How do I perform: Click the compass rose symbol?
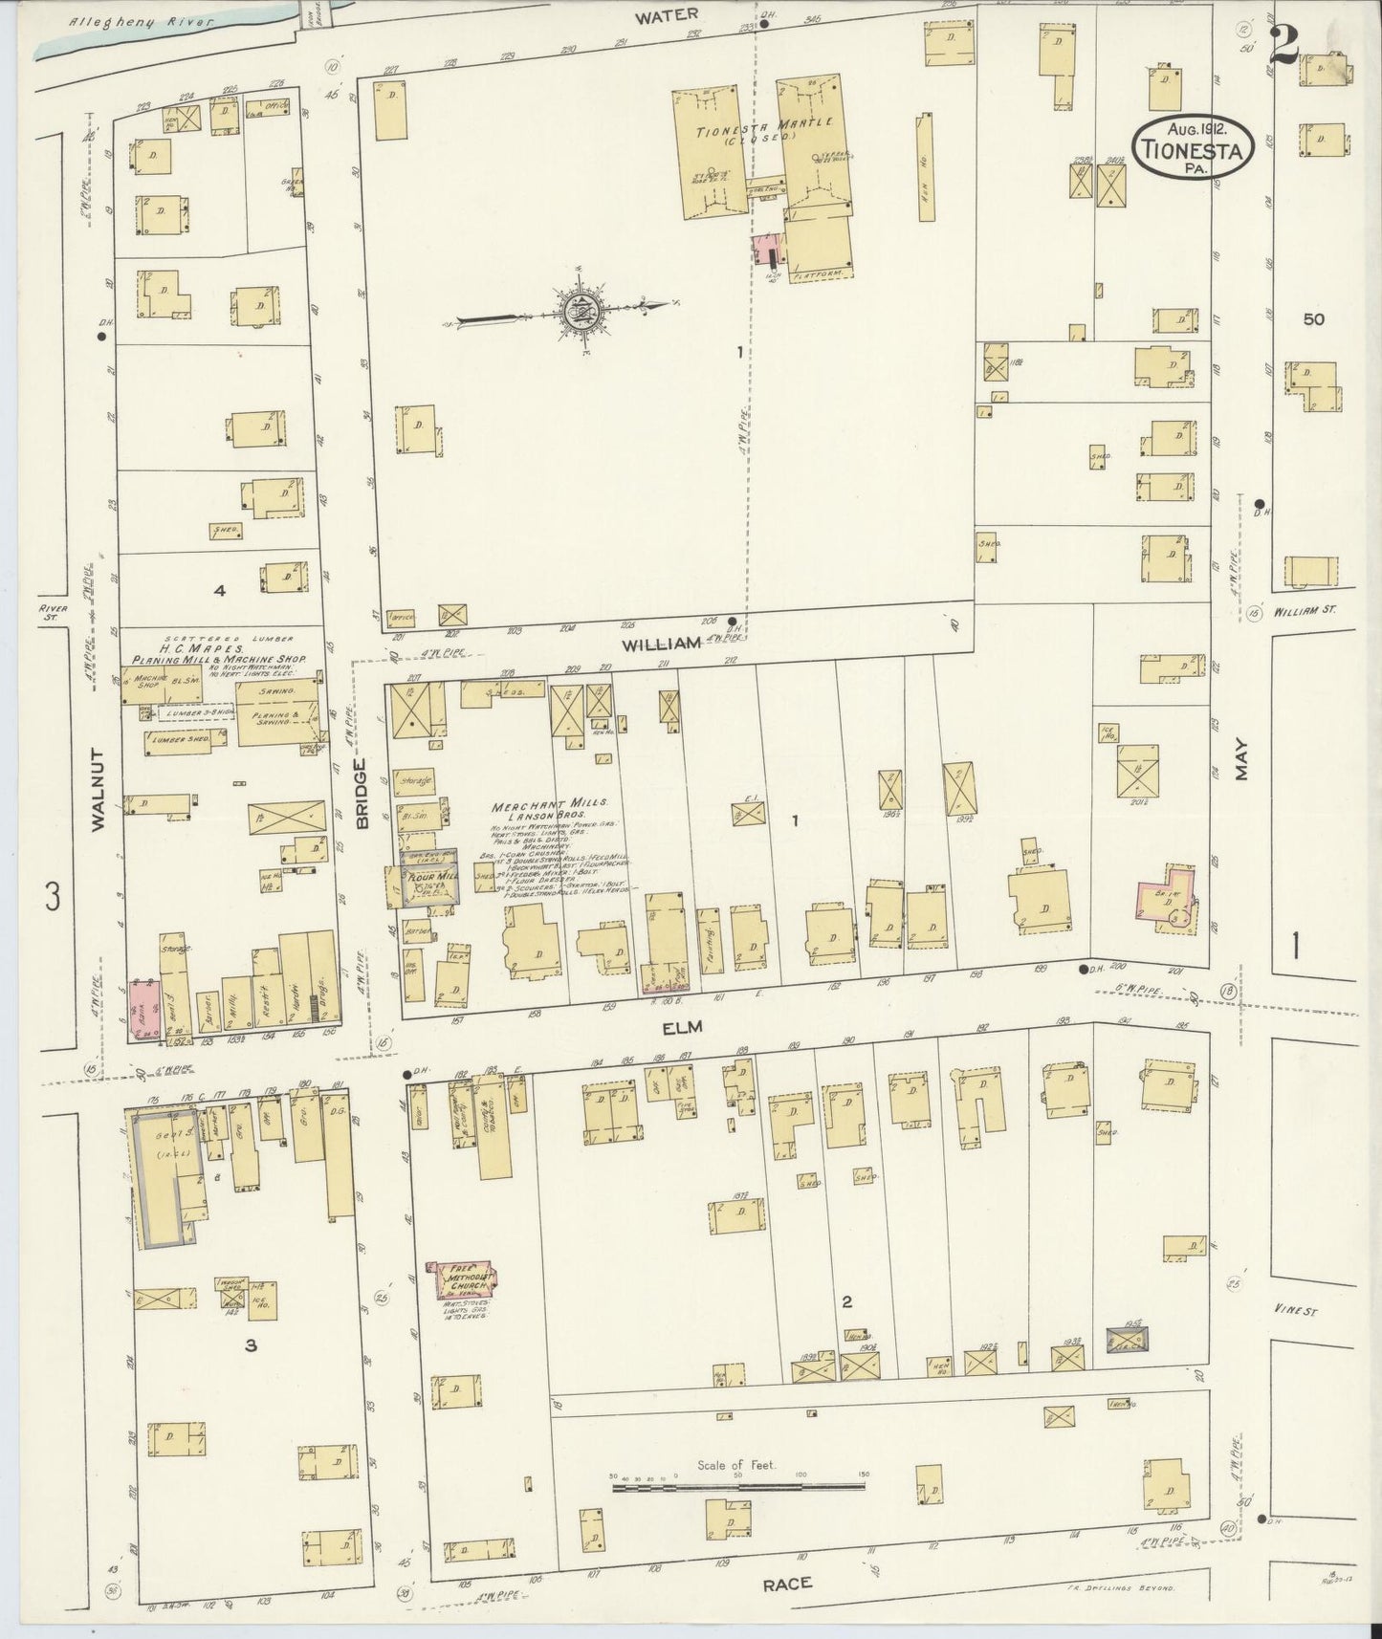pyautogui.click(x=580, y=309)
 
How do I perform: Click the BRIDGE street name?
pyautogui.click(x=362, y=793)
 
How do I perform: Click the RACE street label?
pyautogui.click(x=786, y=1584)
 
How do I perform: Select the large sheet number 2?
pyautogui.click(x=1283, y=43)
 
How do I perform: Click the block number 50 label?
pyautogui.click(x=1313, y=318)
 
